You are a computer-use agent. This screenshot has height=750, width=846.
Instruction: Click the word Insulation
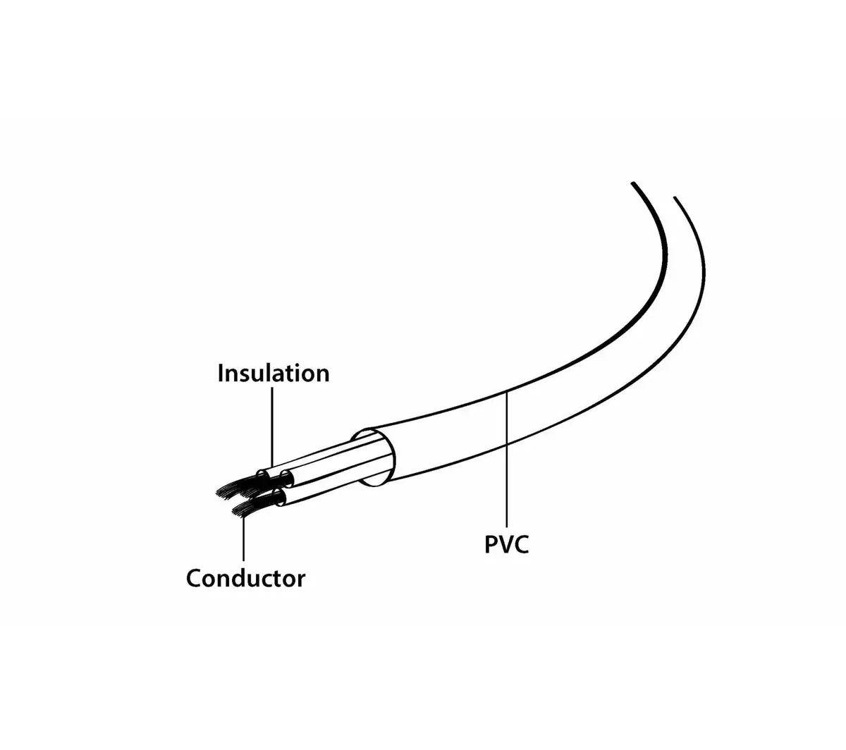274,373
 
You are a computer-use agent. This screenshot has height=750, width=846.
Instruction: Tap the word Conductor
245,578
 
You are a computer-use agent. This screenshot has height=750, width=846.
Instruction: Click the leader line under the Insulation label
272,426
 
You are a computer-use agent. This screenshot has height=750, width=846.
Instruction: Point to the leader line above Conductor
244,539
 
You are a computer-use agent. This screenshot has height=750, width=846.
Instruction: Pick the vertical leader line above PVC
506,459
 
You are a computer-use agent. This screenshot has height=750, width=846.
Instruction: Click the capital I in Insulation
221,373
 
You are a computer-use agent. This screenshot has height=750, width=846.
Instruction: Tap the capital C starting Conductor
194,579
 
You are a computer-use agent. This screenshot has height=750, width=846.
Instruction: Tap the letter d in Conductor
241,578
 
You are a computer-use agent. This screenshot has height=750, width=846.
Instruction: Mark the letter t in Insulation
290,374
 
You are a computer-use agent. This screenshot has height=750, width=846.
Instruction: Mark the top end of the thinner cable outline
675,197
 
